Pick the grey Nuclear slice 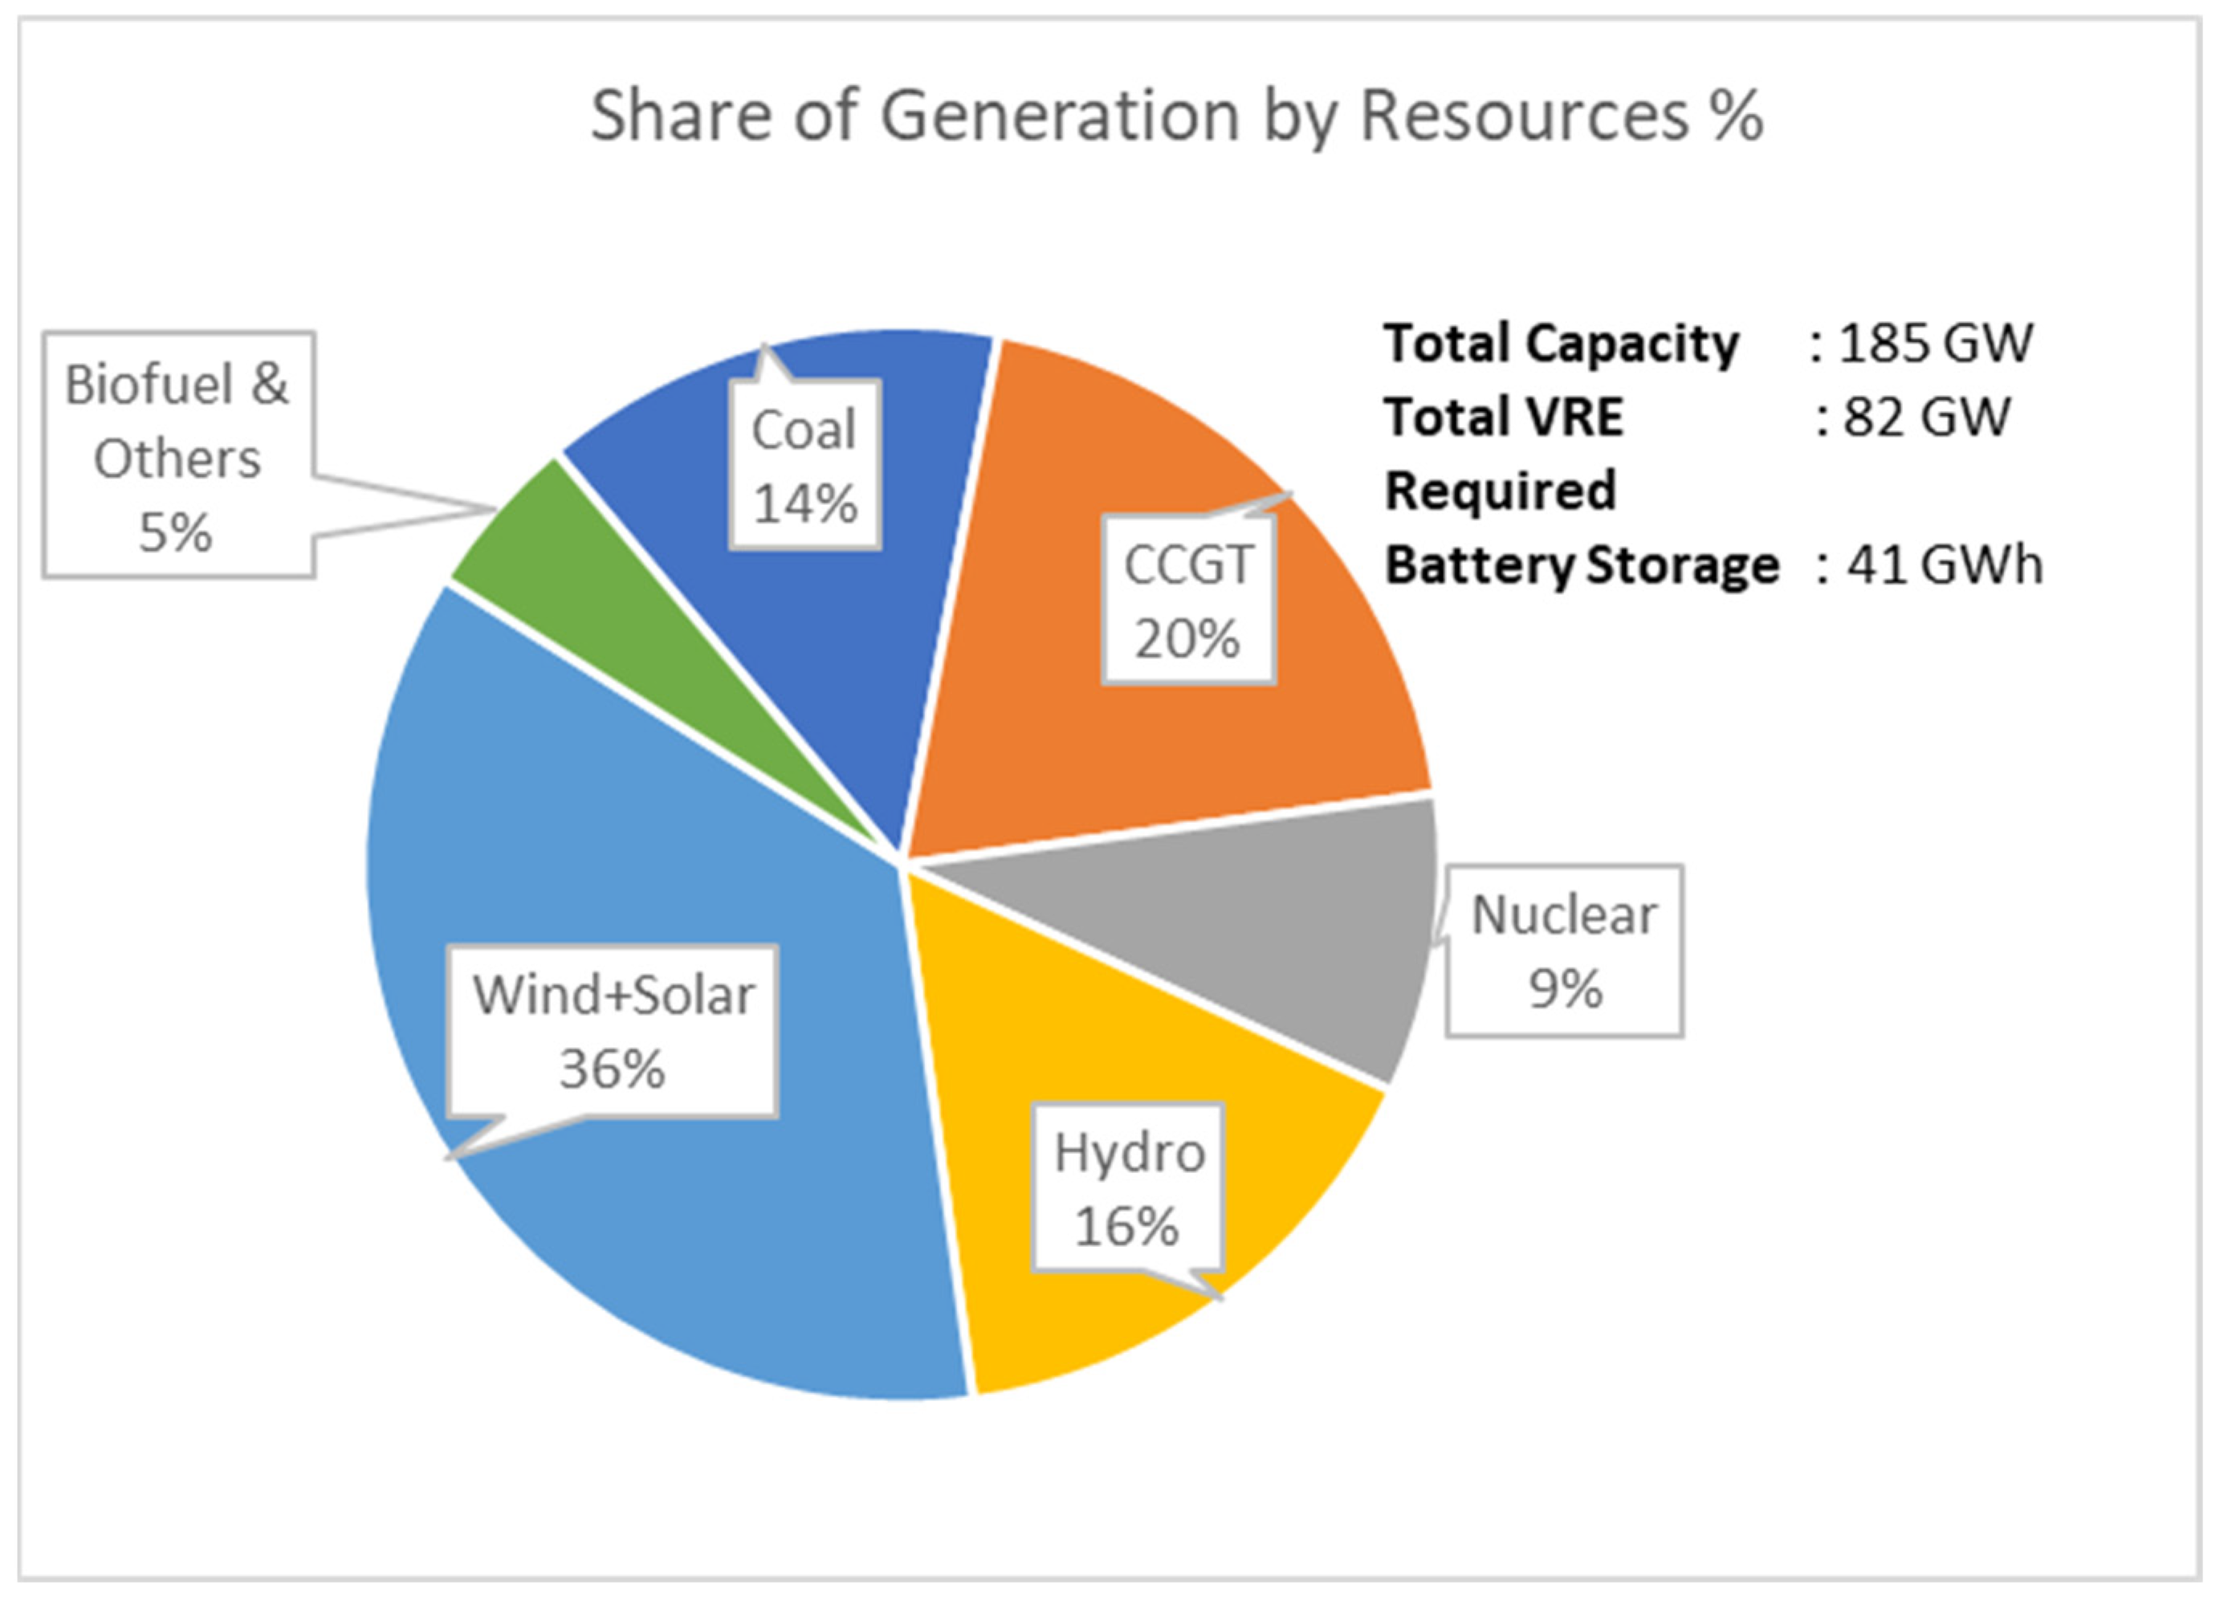tap(1277, 933)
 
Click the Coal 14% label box tap(804, 466)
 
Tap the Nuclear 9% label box tap(1563, 951)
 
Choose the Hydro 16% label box tap(1128, 1189)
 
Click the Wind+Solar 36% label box tap(613, 1031)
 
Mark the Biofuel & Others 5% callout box tap(177, 456)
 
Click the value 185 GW tap(1933, 344)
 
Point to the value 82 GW tap(1925, 417)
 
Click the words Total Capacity tap(1560, 344)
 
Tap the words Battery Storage tap(1581, 566)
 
